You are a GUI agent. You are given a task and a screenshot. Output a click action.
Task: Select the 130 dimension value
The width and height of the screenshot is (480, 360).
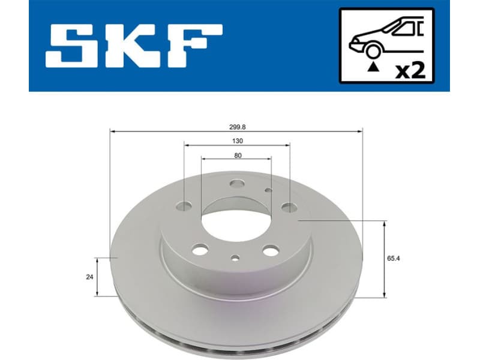point(237,141)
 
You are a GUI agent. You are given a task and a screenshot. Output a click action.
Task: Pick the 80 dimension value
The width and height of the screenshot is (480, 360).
point(238,155)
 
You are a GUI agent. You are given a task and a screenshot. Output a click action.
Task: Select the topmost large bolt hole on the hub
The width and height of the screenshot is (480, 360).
point(236,185)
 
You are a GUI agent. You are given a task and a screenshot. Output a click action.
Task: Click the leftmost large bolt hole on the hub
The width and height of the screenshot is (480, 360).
point(184,207)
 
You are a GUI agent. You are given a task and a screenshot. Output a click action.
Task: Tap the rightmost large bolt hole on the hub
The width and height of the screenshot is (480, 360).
point(289,208)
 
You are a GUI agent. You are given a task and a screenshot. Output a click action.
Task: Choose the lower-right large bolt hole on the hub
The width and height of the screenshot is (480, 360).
point(270,251)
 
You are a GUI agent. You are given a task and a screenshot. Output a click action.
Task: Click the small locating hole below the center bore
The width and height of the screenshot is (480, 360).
point(235,259)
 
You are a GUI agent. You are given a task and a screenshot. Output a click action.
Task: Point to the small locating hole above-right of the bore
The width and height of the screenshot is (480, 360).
point(268,190)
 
